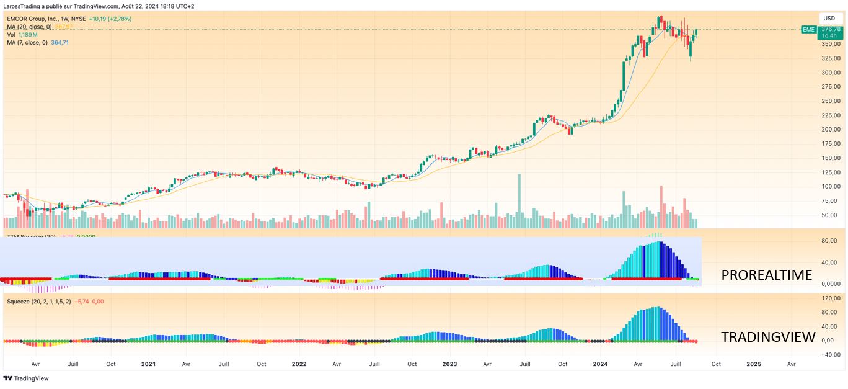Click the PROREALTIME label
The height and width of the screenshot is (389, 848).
766,275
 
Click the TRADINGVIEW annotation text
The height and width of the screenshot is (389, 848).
767,337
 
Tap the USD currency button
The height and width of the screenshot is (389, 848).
829,19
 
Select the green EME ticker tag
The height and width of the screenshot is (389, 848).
808,30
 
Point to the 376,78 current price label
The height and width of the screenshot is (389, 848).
830,29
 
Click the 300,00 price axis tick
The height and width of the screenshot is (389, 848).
830,73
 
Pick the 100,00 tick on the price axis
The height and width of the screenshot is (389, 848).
830,186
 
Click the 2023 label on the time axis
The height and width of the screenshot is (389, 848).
449,364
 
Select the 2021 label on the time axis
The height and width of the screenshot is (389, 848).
148,364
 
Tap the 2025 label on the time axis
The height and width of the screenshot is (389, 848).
754,364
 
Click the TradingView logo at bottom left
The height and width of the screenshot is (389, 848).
26,378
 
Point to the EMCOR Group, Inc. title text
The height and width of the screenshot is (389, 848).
37,19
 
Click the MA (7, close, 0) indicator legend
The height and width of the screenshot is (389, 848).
27,42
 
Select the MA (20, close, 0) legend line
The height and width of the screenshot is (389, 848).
29,27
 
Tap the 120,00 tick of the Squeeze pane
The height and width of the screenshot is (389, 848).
830,298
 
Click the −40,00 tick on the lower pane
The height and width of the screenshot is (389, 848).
830,355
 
